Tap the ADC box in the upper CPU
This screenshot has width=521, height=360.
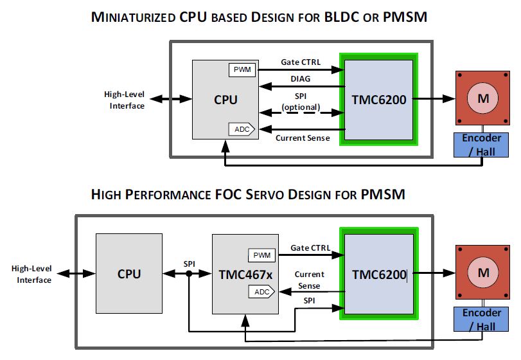[x=242, y=129]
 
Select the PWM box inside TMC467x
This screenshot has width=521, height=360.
[x=261, y=255]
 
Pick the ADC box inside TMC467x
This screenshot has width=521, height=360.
[x=261, y=291]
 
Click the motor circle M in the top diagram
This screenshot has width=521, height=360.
[x=479, y=98]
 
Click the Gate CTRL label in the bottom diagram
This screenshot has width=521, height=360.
[x=310, y=248]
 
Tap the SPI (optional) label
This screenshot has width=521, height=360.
[x=301, y=102]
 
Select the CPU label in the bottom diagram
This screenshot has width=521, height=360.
[x=128, y=273]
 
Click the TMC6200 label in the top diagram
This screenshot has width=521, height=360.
[x=379, y=99]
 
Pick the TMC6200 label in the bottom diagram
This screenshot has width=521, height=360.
[x=379, y=274]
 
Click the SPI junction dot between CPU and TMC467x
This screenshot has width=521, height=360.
[x=189, y=273]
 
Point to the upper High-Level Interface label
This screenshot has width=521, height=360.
[x=125, y=100]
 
